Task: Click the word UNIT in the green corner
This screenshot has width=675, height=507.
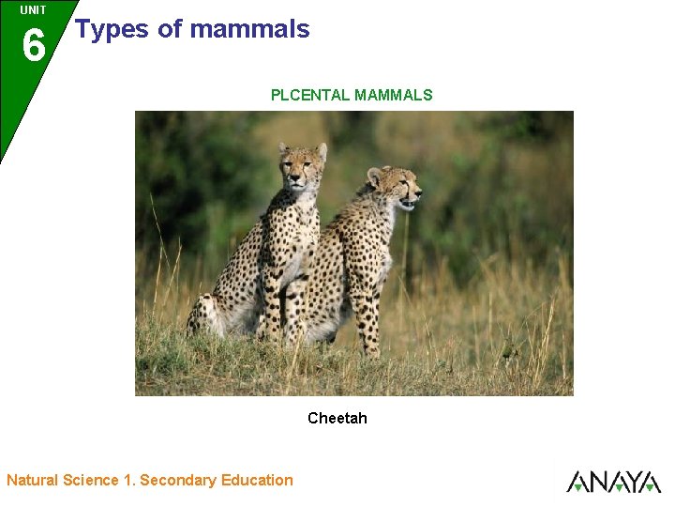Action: click(x=33, y=10)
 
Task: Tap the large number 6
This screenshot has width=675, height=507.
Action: click(x=33, y=45)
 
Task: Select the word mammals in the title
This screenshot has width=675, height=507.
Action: click(x=249, y=29)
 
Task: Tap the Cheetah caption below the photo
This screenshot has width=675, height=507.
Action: click(x=337, y=418)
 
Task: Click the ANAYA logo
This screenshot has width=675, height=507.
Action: click(x=614, y=481)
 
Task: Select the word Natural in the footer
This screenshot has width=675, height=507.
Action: click(x=32, y=480)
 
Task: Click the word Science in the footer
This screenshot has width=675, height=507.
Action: click(x=91, y=480)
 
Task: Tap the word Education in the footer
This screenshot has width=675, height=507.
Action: click(x=257, y=480)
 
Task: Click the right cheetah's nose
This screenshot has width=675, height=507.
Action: click(x=417, y=192)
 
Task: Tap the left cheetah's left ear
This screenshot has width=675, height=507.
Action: click(x=283, y=147)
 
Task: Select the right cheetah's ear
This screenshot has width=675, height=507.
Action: click(x=375, y=176)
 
